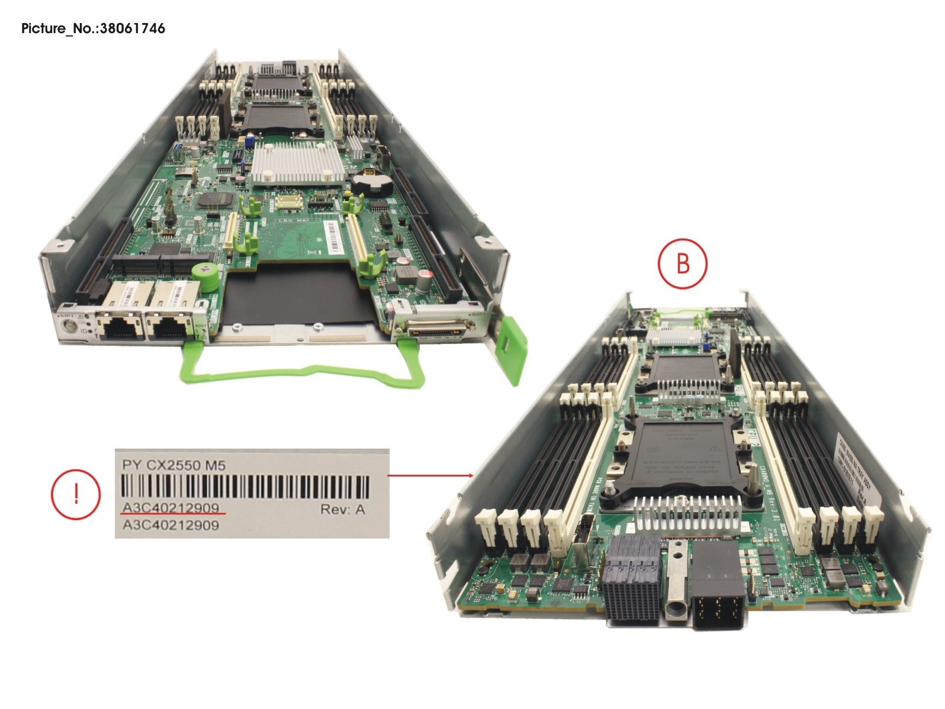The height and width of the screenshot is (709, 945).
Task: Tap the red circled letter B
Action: pyautogui.click(x=683, y=263)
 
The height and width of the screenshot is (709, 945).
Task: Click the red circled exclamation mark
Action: pyautogui.click(x=75, y=494)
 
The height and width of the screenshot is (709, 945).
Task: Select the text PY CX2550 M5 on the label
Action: pyautogui.click(x=173, y=466)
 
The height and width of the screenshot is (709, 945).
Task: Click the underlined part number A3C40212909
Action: pyautogui.click(x=171, y=508)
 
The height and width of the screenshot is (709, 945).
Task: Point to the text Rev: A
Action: pyautogui.click(x=342, y=509)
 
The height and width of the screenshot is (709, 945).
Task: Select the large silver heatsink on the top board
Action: pyautogui.click(x=297, y=163)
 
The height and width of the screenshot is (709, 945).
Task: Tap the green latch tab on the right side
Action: pyautogui.click(x=513, y=349)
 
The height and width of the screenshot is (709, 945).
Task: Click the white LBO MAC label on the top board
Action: pyautogui.click(x=296, y=221)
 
